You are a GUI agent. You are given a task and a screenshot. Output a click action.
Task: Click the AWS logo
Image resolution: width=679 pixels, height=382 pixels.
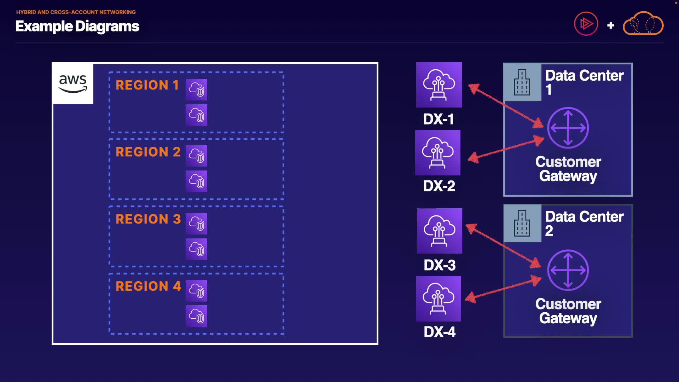click(x=73, y=84)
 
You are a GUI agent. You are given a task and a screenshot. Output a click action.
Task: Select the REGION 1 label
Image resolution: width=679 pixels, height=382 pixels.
click(x=147, y=85)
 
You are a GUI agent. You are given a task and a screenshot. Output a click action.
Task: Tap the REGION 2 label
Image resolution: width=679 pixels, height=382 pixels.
click(x=148, y=152)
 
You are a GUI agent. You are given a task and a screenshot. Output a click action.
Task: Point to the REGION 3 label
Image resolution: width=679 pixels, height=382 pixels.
click(x=148, y=219)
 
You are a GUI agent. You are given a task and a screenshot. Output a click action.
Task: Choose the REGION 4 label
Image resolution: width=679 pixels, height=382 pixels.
click(x=148, y=286)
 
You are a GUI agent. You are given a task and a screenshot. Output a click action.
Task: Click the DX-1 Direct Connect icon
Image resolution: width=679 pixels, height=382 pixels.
click(x=439, y=85)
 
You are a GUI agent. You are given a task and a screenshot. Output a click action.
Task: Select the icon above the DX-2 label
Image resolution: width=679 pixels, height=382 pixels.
click(x=438, y=153)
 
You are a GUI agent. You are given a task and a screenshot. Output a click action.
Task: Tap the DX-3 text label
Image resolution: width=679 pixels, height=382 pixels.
click(x=440, y=265)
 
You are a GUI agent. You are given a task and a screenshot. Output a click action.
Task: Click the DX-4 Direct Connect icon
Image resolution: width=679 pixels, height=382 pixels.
click(x=439, y=299)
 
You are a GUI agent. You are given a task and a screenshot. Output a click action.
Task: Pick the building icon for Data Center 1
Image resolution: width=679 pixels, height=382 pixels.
click(x=522, y=82)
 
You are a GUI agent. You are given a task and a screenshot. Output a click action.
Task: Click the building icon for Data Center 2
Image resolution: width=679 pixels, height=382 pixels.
click(x=522, y=224)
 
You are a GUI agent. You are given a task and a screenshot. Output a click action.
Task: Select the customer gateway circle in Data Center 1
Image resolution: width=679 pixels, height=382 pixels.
click(x=568, y=128)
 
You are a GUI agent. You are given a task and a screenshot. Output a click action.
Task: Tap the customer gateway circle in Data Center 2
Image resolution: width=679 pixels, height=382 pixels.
click(x=568, y=270)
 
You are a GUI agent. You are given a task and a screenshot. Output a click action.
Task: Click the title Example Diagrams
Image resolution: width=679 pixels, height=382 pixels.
click(x=77, y=26)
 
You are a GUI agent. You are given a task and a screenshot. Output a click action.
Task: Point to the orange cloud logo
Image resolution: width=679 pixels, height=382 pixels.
click(x=643, y=23)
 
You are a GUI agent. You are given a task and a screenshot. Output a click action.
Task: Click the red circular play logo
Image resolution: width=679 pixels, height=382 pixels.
click(x=586, y=24)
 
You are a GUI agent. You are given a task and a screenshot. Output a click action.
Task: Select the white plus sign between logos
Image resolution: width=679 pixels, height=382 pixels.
click(x=610, y=25)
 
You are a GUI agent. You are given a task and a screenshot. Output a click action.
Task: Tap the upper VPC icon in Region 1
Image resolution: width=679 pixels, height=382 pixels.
click(x=197, y=89)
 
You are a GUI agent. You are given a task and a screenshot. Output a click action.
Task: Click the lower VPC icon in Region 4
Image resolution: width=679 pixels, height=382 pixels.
click(x=197, y=316)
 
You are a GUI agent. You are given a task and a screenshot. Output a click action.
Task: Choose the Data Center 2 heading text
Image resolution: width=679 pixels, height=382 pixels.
click(x=584, y=224)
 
